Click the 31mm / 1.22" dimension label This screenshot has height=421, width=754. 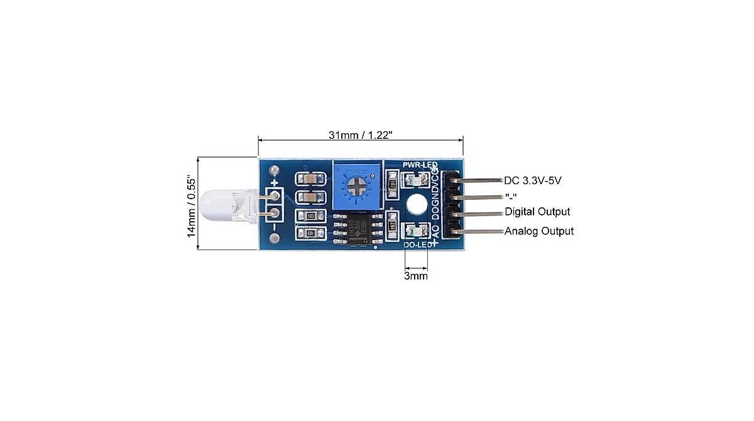(x=361, y=135)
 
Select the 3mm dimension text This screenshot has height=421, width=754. (x=415, y=275)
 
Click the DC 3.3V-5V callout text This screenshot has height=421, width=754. (x=533, y=180)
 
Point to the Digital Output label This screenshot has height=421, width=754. (x=537, y=211)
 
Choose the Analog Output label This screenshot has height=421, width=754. (x=539, y=231)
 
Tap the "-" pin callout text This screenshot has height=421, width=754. (x=511, y=196)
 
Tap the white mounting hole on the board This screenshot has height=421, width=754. (x=415, y=204)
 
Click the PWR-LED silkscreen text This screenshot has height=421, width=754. (x=420, y=165)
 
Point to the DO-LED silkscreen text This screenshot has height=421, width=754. (x=416, y=244)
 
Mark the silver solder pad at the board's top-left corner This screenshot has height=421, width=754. (x=273, y=170)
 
